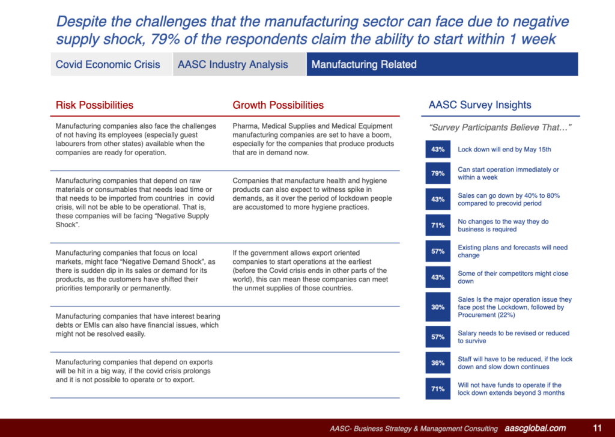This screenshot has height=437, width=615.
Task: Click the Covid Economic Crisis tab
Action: [108, 64]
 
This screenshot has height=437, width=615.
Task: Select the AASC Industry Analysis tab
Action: [232, 64]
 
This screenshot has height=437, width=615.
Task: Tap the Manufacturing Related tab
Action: [364, 64]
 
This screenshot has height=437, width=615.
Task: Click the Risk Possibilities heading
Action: [94, 105]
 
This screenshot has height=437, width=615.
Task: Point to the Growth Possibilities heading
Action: [278, 105]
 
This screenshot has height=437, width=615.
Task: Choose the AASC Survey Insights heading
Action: [480, 105]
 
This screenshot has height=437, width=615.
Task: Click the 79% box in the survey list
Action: [438, 174]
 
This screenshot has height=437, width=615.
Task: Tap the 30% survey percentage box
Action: [438, 307]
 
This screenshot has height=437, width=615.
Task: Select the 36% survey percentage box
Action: [438, 363]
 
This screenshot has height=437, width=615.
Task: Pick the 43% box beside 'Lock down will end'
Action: [438, 149]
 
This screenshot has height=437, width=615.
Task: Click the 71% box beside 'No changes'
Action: [438, 225]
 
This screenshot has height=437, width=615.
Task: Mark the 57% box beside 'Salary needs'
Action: [438, 337]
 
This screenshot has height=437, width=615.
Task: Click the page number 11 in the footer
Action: [597, 428]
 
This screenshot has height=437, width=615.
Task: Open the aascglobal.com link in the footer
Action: [535, 428]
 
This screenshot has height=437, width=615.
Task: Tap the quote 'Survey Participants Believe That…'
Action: [500, 127]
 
